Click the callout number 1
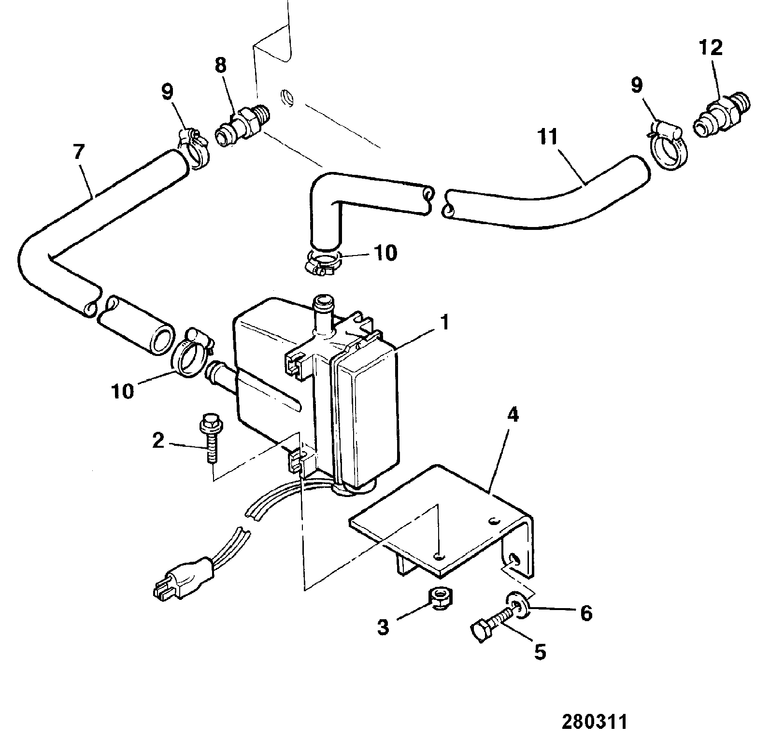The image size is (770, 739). pos(444,322)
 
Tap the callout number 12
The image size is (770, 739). pos(711,47)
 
